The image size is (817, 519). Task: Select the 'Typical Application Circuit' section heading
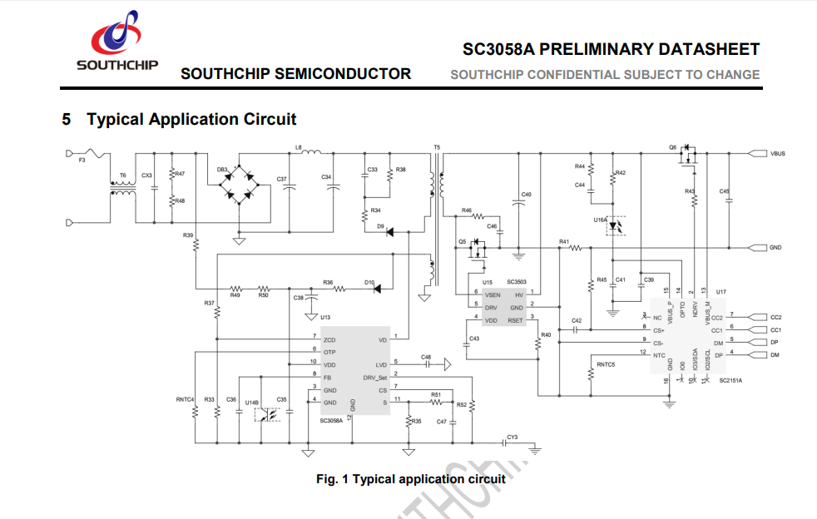[191, 119]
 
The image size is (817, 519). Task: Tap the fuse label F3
[82, 160]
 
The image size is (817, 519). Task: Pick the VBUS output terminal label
[778, 154]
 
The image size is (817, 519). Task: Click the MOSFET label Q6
[672, 147]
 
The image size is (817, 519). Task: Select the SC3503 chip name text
[517, 283]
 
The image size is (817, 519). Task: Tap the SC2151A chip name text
[730, 380]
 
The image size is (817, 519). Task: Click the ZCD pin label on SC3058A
[329, 339]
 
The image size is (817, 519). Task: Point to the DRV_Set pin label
[375, 377]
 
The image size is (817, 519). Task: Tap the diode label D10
[369, 282]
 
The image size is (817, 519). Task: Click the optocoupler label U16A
[600, 220]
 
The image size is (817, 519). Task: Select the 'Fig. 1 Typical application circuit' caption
[410, 479]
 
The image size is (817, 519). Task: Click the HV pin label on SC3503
[518, 294]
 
